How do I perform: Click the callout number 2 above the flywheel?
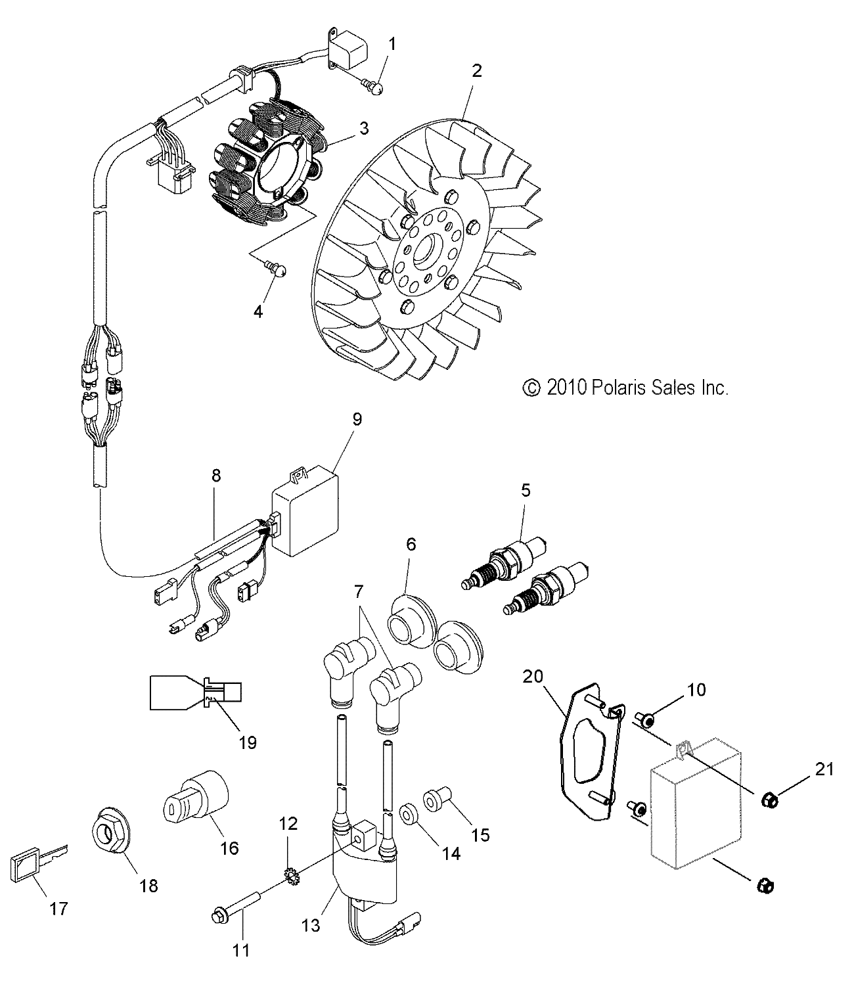477,70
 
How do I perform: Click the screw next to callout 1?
373,85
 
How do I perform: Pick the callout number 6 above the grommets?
411,545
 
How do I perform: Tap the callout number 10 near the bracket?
696,689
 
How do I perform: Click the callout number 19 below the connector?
247,742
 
